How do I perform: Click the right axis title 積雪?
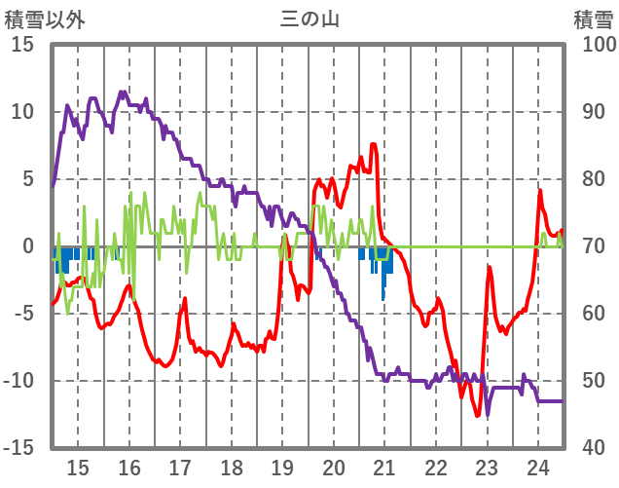click(x=593, y=18)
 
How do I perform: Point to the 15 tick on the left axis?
click(x=22, y=45)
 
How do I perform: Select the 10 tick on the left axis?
click(x=22, y=112)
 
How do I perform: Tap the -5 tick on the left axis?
click(x=22, y=314)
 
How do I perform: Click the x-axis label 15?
click(x=78, y=466)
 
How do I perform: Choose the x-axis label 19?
click(x=282, y=466)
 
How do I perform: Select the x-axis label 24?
click(x=537, y=466)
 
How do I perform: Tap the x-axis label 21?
click(x=384, y=466)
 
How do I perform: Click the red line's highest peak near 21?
click(x=374, y=145)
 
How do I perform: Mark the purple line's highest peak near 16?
click(x=123, y=92)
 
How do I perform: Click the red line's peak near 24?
click(x=540, y=190)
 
